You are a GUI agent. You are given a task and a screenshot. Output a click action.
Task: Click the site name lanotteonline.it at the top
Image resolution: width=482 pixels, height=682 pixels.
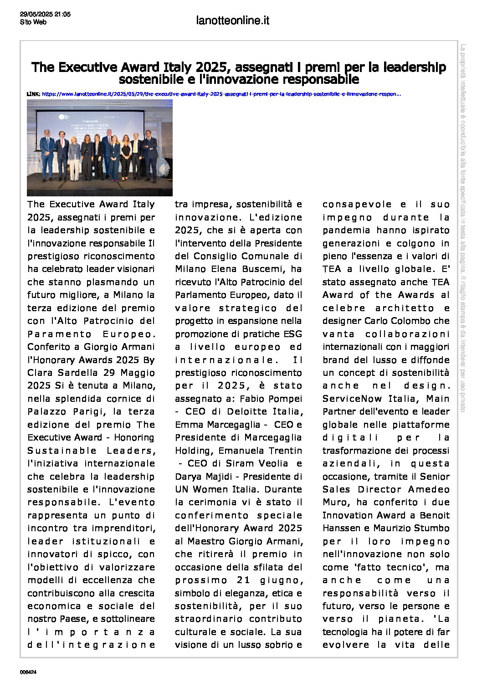[232, 21]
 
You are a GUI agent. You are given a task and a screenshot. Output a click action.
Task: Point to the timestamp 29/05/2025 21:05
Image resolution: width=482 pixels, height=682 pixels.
[45, 15]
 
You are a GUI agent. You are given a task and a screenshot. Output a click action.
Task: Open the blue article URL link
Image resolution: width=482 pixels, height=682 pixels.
[221, 94]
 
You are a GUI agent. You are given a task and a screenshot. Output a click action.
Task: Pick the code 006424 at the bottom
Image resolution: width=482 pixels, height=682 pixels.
[28, 672]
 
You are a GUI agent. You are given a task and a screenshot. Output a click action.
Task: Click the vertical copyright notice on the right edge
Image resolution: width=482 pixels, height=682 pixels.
[462, 228]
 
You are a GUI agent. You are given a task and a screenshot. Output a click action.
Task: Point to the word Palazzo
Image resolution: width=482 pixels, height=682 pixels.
[45, 411]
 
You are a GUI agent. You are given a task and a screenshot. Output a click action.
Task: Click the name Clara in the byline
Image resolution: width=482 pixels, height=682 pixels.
[40, 373]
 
